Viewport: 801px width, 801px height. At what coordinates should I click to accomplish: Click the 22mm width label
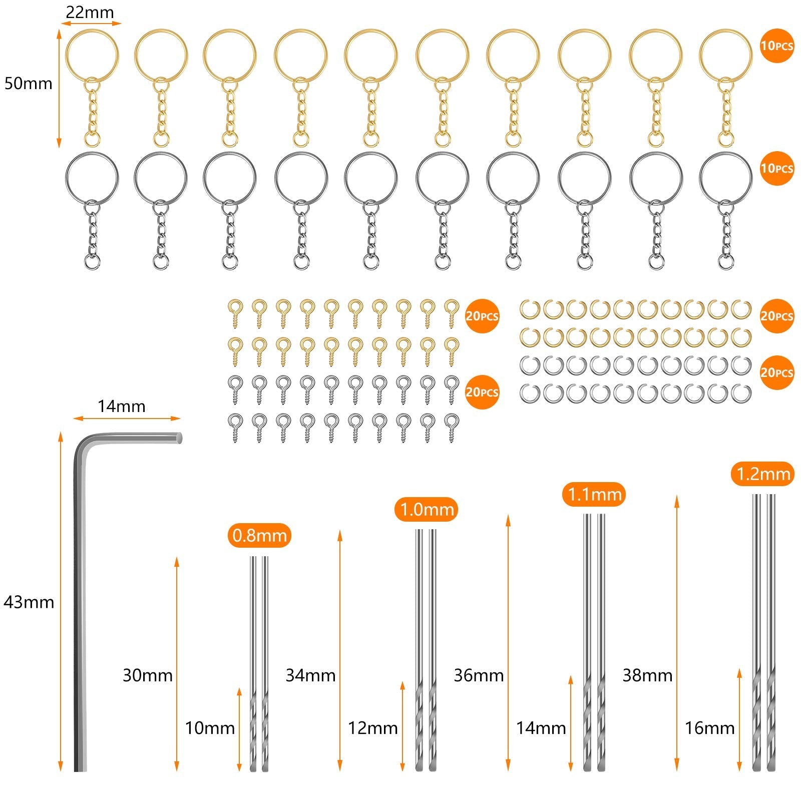pos(90,12)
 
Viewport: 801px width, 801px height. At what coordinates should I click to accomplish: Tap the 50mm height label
pos(28,83)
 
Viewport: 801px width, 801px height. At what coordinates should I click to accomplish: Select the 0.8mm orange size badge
pos(259,536)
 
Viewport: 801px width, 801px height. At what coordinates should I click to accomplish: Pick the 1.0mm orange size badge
pos(427,510)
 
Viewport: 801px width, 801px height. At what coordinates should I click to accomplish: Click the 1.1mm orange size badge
pos(594,495)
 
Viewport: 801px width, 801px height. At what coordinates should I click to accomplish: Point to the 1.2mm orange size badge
pos(763,474)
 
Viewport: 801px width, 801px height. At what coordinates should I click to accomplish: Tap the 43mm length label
pos(29,602)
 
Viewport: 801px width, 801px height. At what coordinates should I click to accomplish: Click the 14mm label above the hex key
pos(121,406)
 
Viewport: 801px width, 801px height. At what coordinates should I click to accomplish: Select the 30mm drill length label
pos(147,675)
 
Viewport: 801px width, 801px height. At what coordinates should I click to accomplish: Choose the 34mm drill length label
pos(310,675)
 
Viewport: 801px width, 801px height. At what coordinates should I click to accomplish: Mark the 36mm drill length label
pos(479,675)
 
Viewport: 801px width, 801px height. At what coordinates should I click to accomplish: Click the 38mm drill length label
pos(647,675)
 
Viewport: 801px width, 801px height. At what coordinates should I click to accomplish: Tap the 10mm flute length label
pos(210,728)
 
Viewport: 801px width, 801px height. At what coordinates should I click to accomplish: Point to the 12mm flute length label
pos(373,728)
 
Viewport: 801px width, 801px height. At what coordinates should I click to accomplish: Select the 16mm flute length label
pos(709,728)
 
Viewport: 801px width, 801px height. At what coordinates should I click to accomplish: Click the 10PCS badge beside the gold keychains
pos(776,46)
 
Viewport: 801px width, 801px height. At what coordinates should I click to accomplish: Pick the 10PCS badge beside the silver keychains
pos(776,168)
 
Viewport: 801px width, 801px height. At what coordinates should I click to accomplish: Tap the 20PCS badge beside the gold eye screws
pos(482,316)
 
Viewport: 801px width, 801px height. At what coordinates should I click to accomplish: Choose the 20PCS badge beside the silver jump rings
pos(776,372)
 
